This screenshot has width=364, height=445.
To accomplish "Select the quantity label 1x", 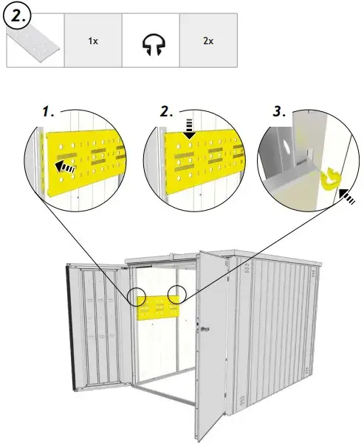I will click(x=93, y=41).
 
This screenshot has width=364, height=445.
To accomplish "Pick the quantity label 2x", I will click(x=208, y=41).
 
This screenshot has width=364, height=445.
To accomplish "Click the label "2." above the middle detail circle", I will click(x=167, y=112).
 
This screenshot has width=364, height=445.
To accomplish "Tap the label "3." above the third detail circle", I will click(x=279, y=112).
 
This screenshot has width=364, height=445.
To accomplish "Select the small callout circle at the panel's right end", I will click(x=177, y=294).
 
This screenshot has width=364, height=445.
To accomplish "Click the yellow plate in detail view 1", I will click(x=81, y=162).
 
